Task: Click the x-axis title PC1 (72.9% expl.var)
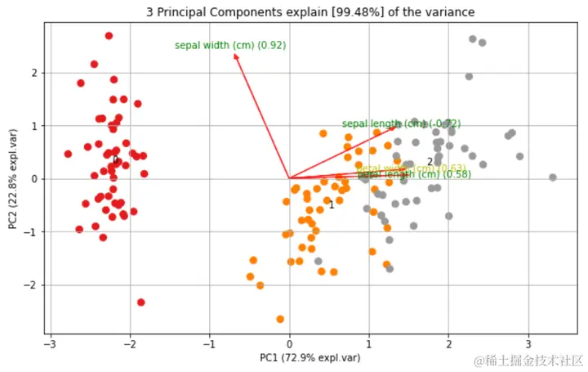pos(310,357)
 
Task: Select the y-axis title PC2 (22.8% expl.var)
pos(13,179)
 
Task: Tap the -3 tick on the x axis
pos(51,343)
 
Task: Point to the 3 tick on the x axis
pos(528,343)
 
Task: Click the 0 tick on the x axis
pos(289,343)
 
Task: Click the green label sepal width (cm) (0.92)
pos(230,46)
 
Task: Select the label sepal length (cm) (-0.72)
pos(401,124)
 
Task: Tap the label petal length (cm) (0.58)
pos(414,174)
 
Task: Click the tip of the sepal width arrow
pos(235,54)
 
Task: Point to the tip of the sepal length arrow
pos(395,126)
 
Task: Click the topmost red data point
pos(109,36)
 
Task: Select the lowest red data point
pos(140,303)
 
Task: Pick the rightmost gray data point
pos(552,177)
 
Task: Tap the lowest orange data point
pos(280,319)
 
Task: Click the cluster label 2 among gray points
pos(430,162)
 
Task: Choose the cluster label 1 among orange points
pos(332,205)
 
